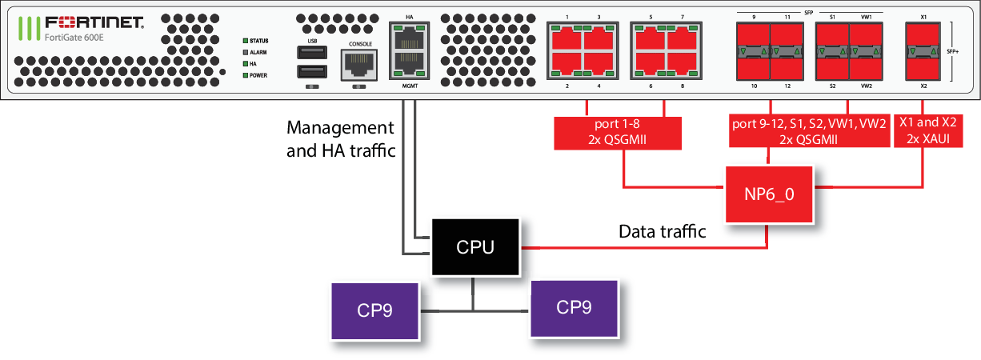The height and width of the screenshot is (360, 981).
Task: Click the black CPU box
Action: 475,248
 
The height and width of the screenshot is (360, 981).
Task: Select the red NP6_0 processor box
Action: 769,194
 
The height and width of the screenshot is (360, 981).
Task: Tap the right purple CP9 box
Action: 574,308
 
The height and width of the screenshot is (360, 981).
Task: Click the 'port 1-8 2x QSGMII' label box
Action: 617,134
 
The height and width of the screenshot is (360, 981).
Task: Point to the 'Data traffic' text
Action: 662,232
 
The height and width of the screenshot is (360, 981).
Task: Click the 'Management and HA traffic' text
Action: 341,139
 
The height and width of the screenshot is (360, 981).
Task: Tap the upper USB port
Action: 310,53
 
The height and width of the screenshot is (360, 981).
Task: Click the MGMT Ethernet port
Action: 409,64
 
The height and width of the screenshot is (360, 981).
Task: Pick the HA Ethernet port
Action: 409,36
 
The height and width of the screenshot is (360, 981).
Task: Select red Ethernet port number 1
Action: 565,37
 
